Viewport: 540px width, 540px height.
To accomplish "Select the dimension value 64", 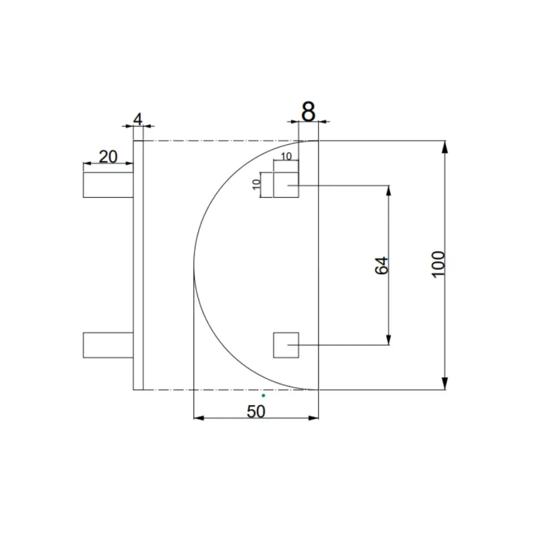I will (381, 265).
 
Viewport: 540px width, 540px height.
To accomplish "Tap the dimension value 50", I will (256, 412).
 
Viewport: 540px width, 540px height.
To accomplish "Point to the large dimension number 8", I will (308, 112).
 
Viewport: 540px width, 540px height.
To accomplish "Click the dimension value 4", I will (138, 119).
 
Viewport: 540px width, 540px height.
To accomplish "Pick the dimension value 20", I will (108, 156).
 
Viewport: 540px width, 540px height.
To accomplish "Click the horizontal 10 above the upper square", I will (286, 156).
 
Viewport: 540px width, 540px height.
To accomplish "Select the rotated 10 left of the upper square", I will (257, 184).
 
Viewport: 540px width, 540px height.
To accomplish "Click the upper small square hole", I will (286, 185).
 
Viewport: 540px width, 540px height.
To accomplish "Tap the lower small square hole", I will (286, 345).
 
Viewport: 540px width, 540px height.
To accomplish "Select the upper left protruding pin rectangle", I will (108, 185).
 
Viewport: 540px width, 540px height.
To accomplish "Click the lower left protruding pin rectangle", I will (108, 345).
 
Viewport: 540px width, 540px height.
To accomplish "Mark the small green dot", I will (263, 395).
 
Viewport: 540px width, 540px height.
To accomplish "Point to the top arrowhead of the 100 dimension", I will (445, 146).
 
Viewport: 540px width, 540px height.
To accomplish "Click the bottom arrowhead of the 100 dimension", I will (445, 384).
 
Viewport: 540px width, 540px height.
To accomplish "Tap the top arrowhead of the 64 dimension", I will (389, 190).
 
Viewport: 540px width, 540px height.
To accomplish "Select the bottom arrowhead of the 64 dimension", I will (389, 339).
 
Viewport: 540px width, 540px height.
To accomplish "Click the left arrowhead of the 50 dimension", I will (199, 418).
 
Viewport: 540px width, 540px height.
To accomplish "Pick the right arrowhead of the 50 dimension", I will (313, 418).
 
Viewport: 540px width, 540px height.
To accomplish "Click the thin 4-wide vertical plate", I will (138, 264).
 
